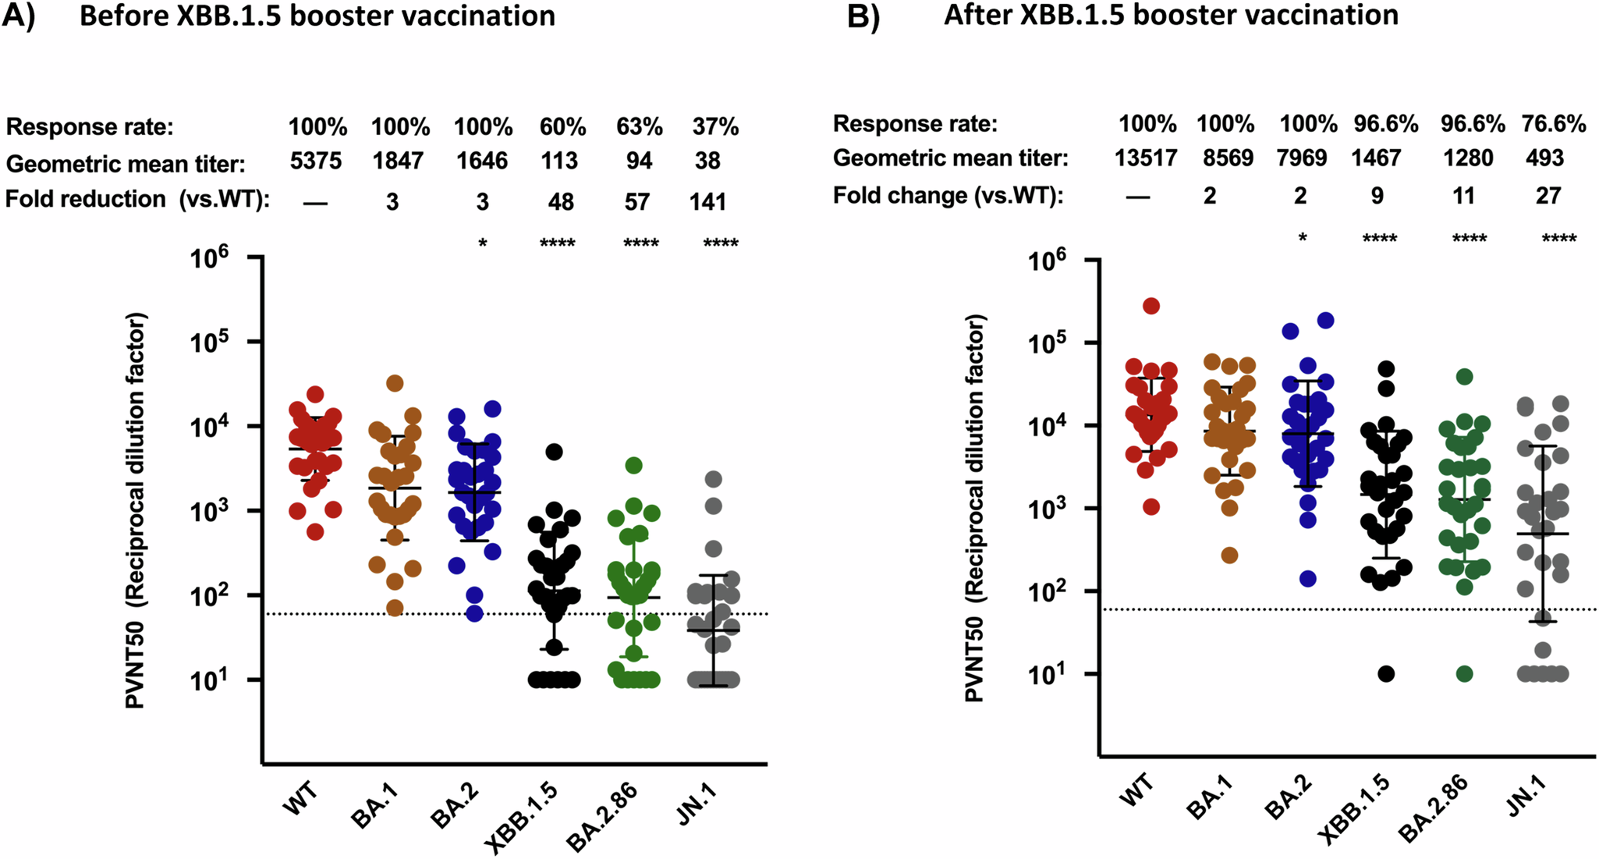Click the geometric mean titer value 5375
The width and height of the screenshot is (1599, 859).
click(316, 162)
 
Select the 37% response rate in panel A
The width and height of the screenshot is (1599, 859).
click(714, 126)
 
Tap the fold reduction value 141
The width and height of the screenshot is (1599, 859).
click(707, 202)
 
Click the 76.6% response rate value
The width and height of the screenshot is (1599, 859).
click(1553, 123)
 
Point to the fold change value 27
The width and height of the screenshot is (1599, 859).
click(1548, 196)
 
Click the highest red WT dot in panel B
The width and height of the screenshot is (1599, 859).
click(1151, 306)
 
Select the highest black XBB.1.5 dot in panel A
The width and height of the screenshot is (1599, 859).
click(554, 452)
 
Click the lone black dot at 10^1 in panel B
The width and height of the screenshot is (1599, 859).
click(1386, 674)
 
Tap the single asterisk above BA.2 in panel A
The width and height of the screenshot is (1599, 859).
click(483, 244)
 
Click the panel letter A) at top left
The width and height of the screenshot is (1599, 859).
click(19, 16)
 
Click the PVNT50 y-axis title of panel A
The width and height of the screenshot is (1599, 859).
click(136, 511)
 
